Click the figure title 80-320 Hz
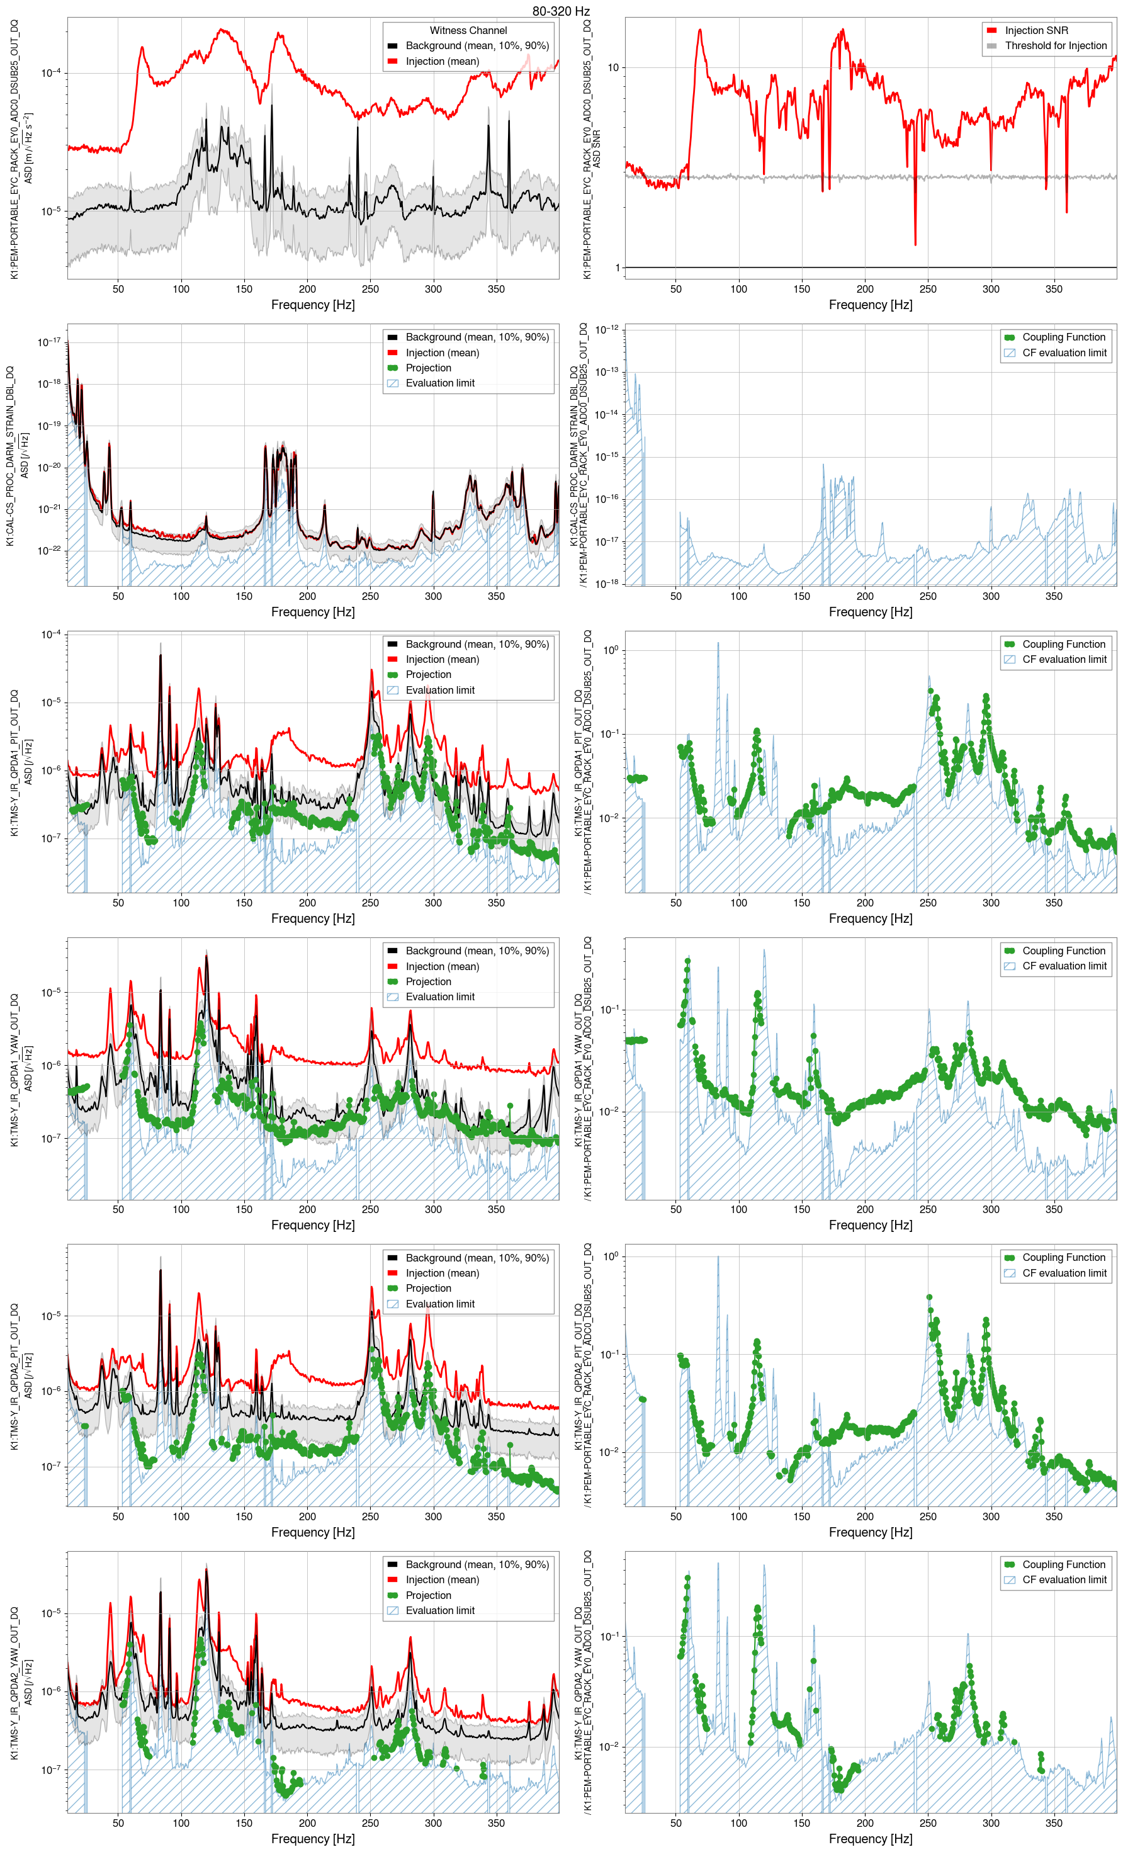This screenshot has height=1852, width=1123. click(561, 11)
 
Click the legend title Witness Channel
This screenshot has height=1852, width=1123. click(468, 31)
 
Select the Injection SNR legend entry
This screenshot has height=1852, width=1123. click(1036, 31)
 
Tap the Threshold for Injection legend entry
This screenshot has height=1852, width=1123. click(1056, 46)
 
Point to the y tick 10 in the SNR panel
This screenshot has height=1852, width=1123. click(613, 67)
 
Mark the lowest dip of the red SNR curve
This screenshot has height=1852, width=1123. click(915, 244)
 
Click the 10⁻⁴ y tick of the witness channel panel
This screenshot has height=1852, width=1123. click(51, 73)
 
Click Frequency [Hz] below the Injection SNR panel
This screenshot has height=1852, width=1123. click(870, 305)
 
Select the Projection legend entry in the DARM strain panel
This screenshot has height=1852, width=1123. click(427, 368)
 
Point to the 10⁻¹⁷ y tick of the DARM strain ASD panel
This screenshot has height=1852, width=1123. click(50, 342)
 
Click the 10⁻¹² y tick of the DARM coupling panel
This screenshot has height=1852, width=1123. click(607, 329)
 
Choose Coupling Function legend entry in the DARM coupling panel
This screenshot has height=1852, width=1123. click(1063, 337)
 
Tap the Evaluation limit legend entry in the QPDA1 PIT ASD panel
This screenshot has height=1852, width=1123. click(440, 690)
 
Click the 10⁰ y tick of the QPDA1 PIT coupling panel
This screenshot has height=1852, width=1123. click(611, 650)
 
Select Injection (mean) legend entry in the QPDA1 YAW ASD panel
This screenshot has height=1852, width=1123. click(442, 966)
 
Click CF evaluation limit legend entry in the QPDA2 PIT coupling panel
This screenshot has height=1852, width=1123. click(1064, 1273)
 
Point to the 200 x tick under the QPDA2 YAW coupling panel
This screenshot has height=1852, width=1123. click(864, 1822)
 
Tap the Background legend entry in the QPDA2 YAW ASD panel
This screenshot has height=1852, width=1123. click(477, 1565)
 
